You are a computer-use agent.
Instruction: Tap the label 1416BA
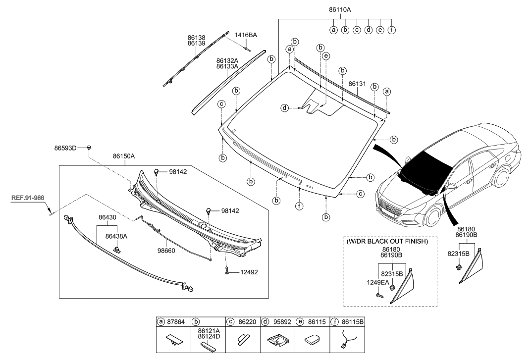(x=246, y=35)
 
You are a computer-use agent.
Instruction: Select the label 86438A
(x=116, y=237)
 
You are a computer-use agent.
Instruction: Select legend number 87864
(x=175, y=321)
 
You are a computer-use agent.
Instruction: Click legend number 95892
(x=279, y=321)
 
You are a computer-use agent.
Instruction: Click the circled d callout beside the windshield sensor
(x=285, y=107)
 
